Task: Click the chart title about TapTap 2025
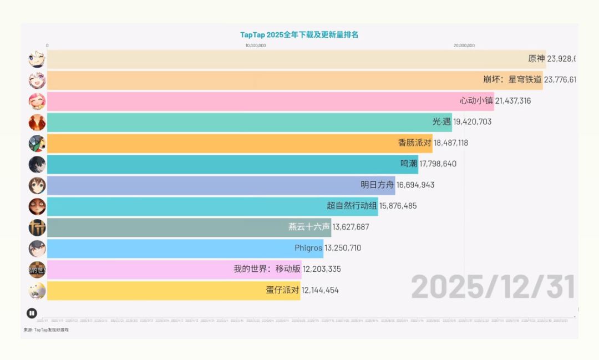pos(299,34)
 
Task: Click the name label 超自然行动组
pos(352,206)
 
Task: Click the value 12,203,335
pos(322,269)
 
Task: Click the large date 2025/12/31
pos(493,287)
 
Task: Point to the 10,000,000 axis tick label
pos(256,45)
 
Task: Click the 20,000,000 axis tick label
pos(464,45)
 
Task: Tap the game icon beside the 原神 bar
pos(37,59)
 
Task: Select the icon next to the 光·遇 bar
pos(37,122)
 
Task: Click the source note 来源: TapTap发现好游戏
pos(46,330)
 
